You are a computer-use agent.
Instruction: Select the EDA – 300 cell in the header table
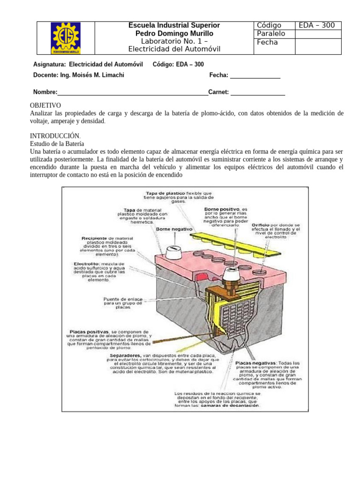click(x=318, y=25)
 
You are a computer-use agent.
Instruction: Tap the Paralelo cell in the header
click(x=270, y=34)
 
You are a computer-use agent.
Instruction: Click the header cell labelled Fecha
click(x=267, y=42)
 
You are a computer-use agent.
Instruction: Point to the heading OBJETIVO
click(x=45, y=105)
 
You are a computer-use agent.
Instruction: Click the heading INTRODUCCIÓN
click(x=52, y=135)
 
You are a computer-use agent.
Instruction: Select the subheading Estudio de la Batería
click(x=57, y=143)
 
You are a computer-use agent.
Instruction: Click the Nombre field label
click(x=45, y=92)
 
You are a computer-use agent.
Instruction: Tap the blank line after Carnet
click(x=257, y=92)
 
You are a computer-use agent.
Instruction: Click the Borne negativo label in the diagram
click(x=174, y=229)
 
